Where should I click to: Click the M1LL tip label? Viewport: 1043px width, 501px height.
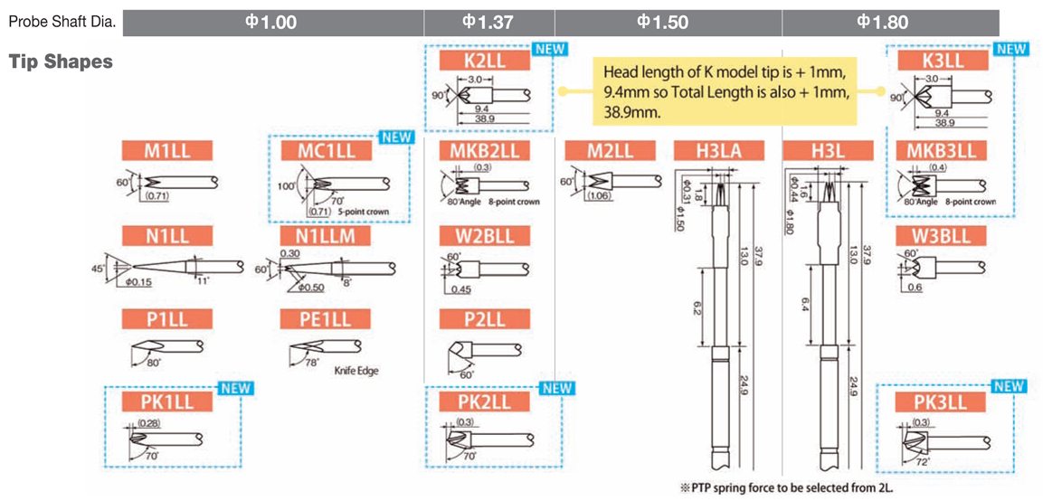tap(167, 151)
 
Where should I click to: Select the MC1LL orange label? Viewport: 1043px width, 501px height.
tap(327, 151)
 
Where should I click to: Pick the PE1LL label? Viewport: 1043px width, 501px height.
tap(327, 319)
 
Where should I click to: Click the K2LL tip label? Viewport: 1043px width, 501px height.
tap(484, 61)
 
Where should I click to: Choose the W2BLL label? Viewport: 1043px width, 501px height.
tap(484, 236)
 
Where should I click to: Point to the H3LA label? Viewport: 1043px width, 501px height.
tap(719, 151)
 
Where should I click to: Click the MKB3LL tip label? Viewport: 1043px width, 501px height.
tap(941, 151)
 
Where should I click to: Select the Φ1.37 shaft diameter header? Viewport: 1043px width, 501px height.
tap(488, 22)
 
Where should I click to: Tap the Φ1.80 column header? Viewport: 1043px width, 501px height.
tap(883, 22)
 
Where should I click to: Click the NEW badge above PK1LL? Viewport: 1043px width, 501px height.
tap(235, 389)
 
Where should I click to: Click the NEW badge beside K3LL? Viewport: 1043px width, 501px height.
tap(1010, 49)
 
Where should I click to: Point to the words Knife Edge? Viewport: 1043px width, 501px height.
tap(356, 371)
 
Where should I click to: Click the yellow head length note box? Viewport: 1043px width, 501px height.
tap(724, 91)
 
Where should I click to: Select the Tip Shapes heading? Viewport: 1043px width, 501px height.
tap(61, 61)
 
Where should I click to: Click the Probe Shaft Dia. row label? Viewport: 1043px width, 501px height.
tap(62, 22)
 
